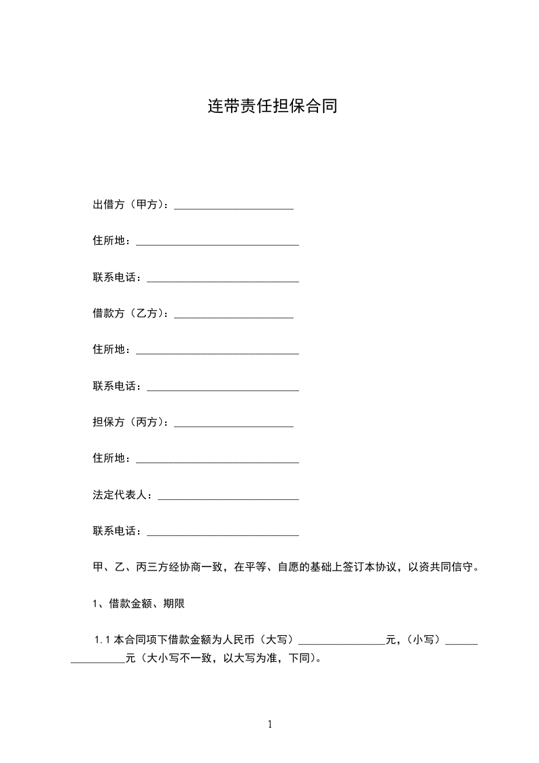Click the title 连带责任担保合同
[272, 107]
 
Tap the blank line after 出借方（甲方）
[234, 207]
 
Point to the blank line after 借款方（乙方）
[234, 316]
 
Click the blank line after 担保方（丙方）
[234, 424]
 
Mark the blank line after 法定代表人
[228, 497]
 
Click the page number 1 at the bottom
[270, 724]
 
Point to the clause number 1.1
[103, 640]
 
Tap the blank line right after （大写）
[341, 641]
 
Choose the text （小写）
[423, 640]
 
